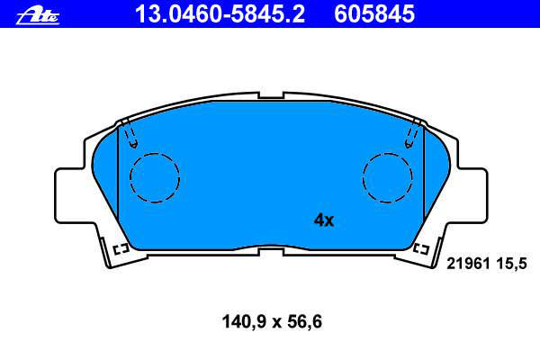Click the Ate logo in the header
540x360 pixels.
coord(38,16)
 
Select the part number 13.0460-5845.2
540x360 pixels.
coord(220,13)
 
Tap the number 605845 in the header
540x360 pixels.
coord(374,13)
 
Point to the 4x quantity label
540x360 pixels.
coord(324,220)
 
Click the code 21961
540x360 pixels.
coord(468,264)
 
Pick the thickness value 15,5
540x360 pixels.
coord(512,265)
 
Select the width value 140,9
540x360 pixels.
coord(245,322)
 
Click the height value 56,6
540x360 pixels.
coord(305,322)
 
